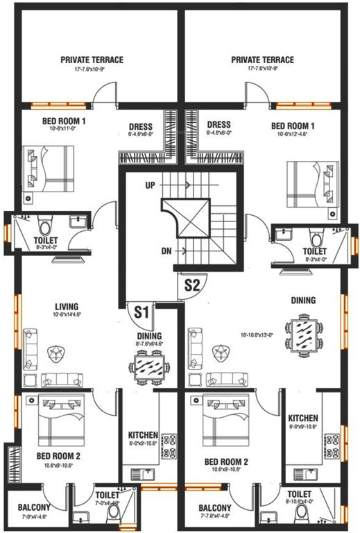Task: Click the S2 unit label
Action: pyautogui.click(x=191, y=283)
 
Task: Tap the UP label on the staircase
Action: pyautogui.click(x=149, y=185)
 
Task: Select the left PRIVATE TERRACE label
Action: pyautogui.click(x=92, y=60)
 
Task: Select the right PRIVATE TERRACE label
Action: pyautogui.click(x=262, y=60)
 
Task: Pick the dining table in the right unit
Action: pyautogui.click(x=302, y=335)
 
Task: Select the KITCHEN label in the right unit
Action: pyautogui.click(x=303, y=418)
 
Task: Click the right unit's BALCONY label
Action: pyautogui.click(x=214, y=507)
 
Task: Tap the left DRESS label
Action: pyautogui.click(x=141, y=126)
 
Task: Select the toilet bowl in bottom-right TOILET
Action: pyautogui.click(x=302, y=514)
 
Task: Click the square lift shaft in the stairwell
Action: pyautogui.click(x=185, y=217)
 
